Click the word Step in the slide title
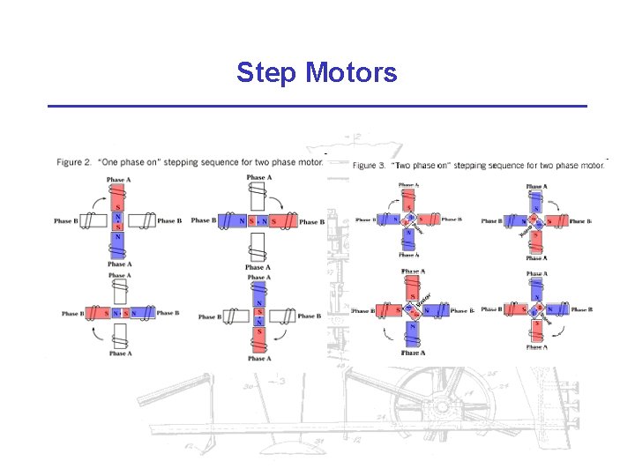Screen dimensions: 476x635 coord(265,72)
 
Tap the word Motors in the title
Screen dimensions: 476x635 coord(351,72)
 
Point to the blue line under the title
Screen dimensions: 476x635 coord(317,107)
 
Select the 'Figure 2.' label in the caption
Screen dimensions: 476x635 coord(74,162)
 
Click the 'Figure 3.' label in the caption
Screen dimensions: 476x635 coord(369,166)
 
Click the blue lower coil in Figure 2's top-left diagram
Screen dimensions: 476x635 coord(118,242)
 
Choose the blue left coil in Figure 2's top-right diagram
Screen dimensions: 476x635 coord(231,220)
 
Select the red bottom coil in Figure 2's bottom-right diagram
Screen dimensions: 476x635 coord(258,339)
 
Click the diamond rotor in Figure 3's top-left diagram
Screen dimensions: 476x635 coord(409,220)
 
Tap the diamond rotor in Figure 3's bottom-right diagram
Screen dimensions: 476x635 coord(534,310)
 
